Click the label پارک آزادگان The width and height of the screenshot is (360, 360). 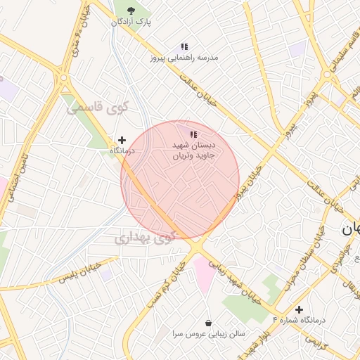click(130, 22)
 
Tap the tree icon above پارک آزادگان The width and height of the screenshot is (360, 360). click(131, 9)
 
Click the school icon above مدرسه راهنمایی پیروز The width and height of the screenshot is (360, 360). click(184, 46)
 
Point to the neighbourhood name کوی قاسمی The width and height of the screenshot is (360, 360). click(98, 108)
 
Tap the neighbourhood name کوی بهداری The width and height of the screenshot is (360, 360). click(143, 238)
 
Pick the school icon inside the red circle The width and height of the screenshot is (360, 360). click(193, 134)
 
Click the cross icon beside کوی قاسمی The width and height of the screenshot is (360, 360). click(122, 141)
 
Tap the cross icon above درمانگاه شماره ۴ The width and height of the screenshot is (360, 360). click(299, 309)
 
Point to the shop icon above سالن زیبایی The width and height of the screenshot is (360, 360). click(208, 322)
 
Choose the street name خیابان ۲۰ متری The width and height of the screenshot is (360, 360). click(78, 39)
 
